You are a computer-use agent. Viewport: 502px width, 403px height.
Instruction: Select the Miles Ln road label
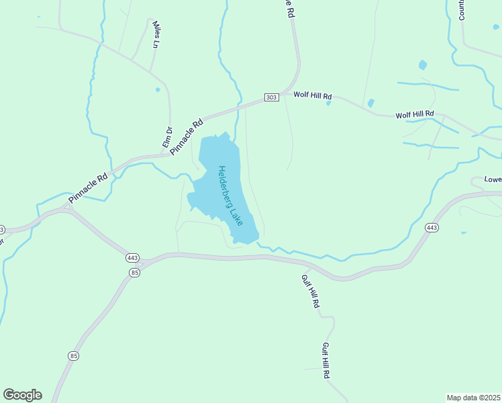point(156,34)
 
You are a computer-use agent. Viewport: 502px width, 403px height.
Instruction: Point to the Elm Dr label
point(168,138)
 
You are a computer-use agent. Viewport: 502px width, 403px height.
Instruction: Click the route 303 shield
point(271,97)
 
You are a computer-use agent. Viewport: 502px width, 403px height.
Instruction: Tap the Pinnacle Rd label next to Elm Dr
point(187,136)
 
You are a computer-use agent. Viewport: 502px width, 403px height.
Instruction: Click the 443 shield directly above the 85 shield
point(132,258)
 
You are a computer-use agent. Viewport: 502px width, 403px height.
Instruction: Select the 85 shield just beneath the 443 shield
point(135,272)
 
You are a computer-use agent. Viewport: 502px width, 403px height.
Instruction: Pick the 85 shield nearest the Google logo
point(73,355)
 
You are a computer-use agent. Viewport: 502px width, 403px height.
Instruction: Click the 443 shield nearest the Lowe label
point(432,228)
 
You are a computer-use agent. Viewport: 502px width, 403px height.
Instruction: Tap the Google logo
point(22,395)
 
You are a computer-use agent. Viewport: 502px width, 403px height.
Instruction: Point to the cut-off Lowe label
point(493,180)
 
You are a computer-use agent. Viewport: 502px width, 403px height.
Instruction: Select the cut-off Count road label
point(462,10)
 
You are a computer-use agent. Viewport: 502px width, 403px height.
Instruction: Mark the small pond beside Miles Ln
point(158,89)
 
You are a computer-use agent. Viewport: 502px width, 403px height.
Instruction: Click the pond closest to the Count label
point(422,65)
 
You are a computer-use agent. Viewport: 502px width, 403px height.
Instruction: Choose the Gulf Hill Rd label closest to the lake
point(309,292)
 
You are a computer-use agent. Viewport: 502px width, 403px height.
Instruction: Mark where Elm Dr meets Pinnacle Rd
point(170,154)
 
